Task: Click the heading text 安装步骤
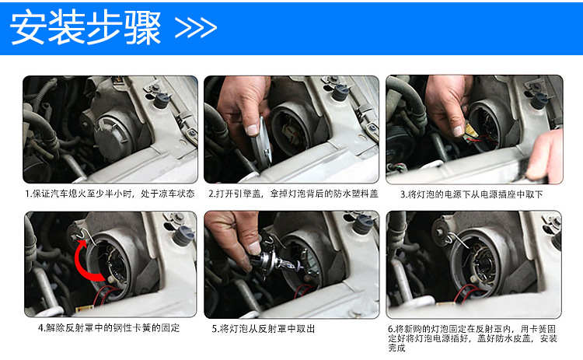[x=86, y=28]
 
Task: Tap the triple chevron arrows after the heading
[x=195, y=29]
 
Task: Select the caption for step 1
[x=109, y=194]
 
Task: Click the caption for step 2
[x=292, y=194]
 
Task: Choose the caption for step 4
[x=109, y=328]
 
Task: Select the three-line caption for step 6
[x=473, y=338]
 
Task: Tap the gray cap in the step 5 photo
[x=362, y=225]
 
